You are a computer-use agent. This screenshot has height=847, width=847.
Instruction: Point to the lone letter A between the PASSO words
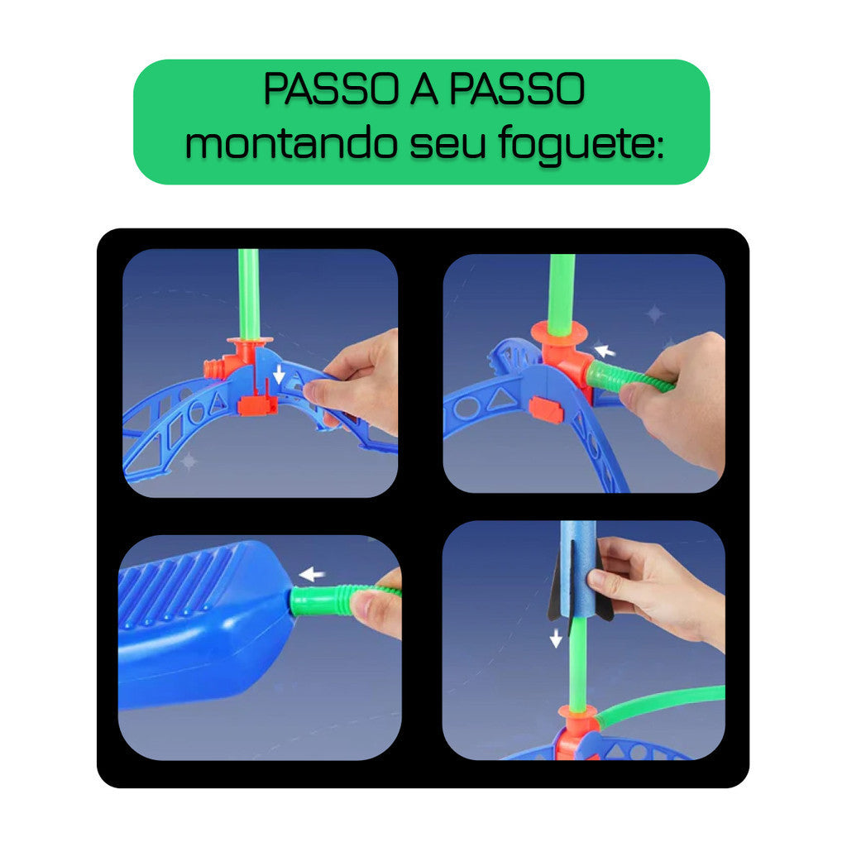pos(422,90)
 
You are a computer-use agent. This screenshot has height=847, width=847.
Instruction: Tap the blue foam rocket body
pos(579,571)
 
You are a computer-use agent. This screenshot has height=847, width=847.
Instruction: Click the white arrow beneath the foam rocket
pos(556,637)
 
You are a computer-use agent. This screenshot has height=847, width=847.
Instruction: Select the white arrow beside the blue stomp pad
pos(312,574)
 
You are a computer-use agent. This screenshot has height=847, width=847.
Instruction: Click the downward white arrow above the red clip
pos(280,375)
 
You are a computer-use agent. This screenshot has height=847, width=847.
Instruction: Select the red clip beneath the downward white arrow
pos(256,404)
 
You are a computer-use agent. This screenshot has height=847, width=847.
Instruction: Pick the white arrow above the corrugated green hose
pos(605,351)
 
